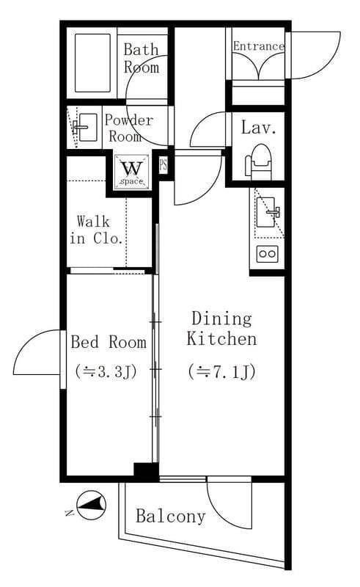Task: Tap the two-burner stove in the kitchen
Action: tap(268, 254)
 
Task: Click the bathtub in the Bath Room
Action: tap(92, 63)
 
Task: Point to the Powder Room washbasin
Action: tap(86, 128)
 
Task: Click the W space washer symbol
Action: tap(132, 172)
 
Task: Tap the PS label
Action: tap(164, 165)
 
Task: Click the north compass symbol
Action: tap(91, 505)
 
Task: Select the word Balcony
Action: tap(171, 517)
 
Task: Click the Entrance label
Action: tap(259, 46)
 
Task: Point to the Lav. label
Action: tap(259, 127)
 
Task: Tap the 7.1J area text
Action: tap(222, 372)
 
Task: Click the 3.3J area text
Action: tap(106, 371)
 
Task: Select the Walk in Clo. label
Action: tap(96, 230)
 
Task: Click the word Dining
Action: tap(221, 319)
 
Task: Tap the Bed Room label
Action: tap(109, 342)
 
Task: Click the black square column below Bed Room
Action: tap(147, 472)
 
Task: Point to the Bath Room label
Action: tap(141, 58)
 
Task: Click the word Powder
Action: tap(129, 120)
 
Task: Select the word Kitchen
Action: tap(222, 339)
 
